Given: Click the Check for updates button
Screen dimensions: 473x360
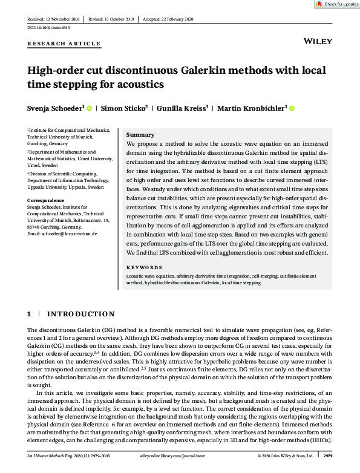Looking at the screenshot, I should click(x=338, y=4).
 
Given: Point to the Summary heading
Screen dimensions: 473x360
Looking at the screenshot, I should click(x=140, y=135).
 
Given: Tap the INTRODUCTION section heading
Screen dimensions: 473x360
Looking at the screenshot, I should click(x=80, y=315).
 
